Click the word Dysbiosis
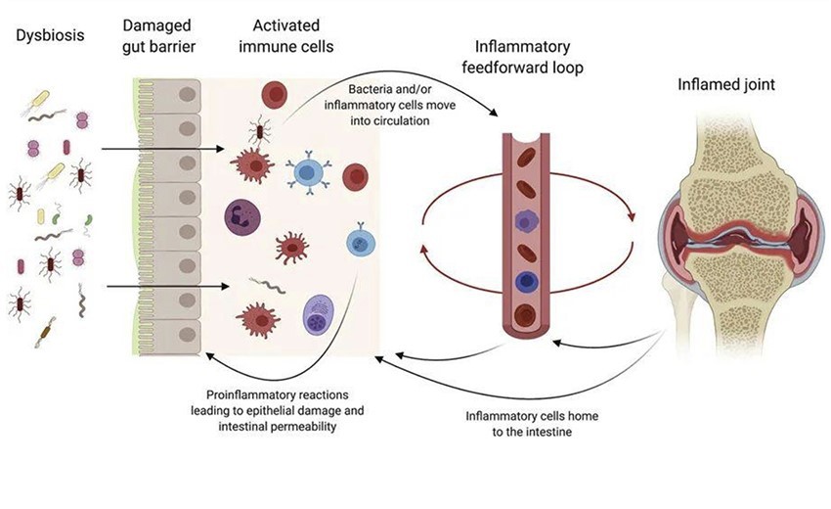(x=47, y=37)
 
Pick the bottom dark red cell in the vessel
(x=529, y=315)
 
